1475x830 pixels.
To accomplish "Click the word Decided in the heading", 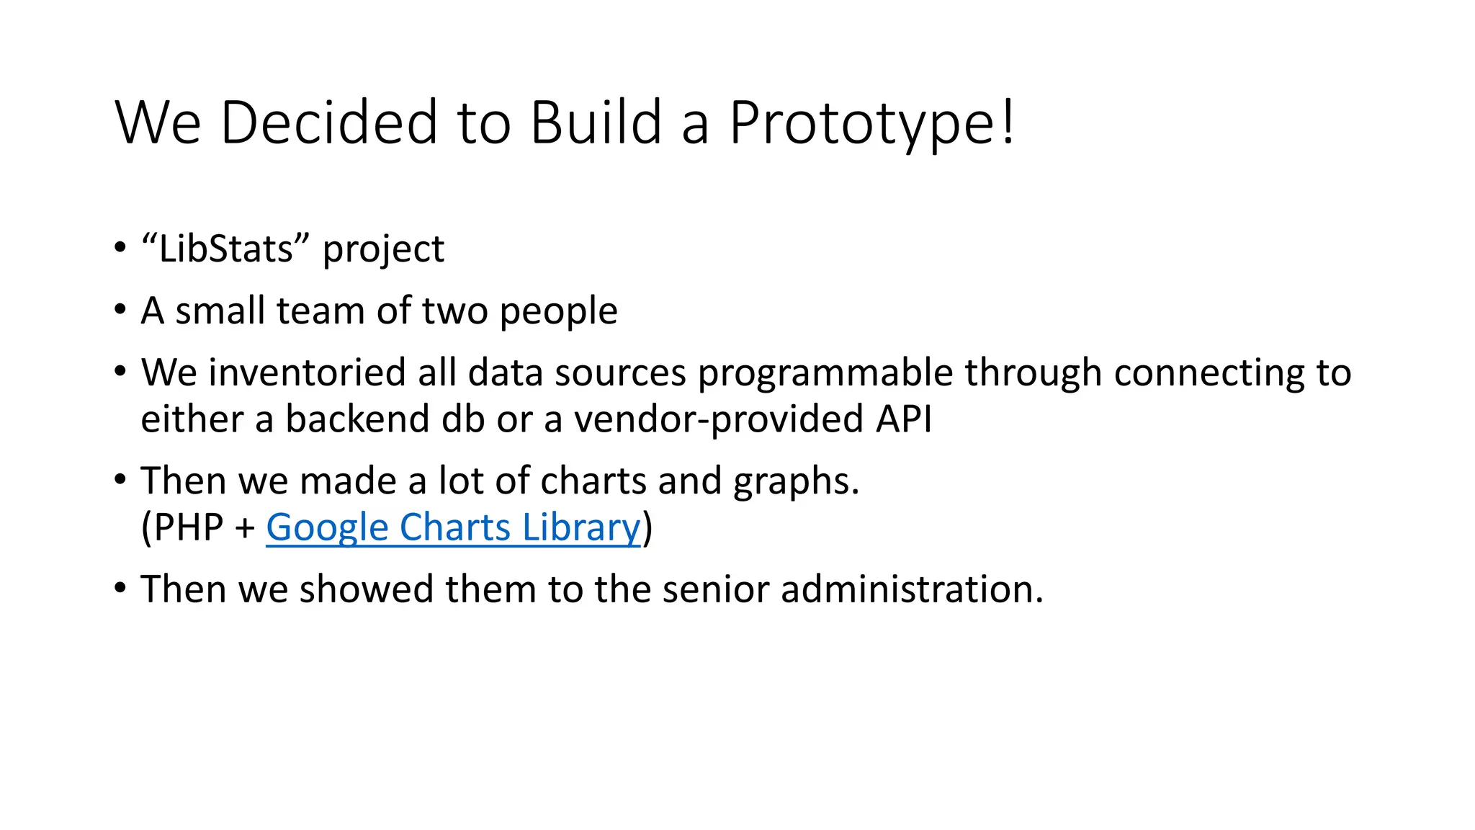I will coord(329,122).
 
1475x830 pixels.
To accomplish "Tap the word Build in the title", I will coord(596,122).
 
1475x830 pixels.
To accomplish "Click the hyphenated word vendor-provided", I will coord(718,419).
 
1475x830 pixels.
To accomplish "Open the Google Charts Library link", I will coord(452,527).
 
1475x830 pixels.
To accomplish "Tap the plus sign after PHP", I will coord(245,529).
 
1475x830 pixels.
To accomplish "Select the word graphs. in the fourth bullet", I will coord(796,482).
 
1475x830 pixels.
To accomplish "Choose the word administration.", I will coord(912,589).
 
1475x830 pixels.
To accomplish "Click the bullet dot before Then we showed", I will coord(120,587).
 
